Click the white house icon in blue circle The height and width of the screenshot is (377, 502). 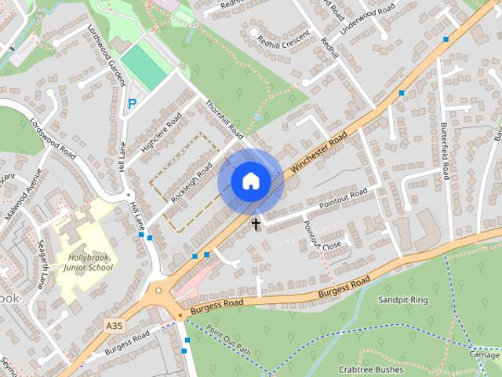tap(250, 181)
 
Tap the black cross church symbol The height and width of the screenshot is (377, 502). tap(256, 225)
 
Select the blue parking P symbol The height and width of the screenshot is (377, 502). tap(132, 104)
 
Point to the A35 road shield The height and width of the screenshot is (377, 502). tap(113, 323)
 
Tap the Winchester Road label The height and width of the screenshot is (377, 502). tap(318, 152)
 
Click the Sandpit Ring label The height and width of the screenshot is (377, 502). tap(402, 300)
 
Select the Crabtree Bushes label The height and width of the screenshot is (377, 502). tap(371, 369)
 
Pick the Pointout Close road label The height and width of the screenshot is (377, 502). tap(322, 236)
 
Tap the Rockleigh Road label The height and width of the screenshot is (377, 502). tap(192, 181)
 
